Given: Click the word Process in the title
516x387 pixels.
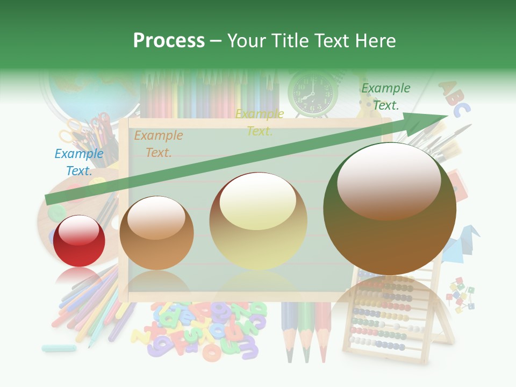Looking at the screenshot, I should [169, 41].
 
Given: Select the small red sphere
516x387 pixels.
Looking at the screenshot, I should [80, 241].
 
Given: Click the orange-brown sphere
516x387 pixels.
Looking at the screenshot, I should [156, 233].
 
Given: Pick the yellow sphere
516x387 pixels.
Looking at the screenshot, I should [259, 221].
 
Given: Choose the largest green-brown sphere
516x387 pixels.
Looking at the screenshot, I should [390, 209].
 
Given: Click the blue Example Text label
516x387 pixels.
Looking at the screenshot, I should [79, 162].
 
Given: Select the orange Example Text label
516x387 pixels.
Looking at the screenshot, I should [159, 144].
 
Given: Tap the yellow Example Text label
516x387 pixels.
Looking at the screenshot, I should [260, 123].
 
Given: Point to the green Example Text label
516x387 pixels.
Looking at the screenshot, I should [386, 97].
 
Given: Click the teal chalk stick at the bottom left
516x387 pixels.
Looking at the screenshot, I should [59, 348].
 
